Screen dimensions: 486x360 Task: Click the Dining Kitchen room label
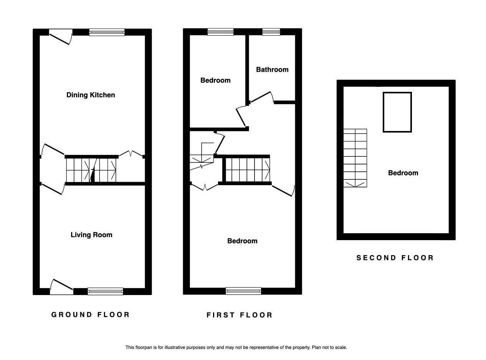(x=91, y=95)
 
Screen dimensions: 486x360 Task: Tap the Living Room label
(x=91, y=235)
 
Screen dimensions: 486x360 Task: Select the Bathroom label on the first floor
(x=272, y=70)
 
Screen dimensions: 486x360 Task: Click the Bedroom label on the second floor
(x=403, y=173)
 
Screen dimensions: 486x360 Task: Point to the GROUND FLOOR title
(x=91, y=315)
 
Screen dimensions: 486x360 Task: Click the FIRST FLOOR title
(x=240, y=315)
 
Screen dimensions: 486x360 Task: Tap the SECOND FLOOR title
(x=395, y=257)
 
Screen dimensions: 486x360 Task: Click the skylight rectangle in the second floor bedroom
(x=397, y=93)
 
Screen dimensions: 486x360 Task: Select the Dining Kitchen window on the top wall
(x=107, y=32)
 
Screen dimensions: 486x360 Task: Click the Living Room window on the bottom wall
(x=106, y=291)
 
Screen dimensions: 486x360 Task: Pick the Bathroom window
(x=271, y=32)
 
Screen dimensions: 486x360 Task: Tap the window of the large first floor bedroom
(x=243, y=291)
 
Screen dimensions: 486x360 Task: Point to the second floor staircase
(x=355, y=158)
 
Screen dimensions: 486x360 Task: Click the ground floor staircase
(x=91, y=170)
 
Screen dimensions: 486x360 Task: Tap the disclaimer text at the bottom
(x=236, y=347)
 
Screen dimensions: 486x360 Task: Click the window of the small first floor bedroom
(x=221, y=32)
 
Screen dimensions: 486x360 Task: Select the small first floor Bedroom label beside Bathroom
(x=215, y=80)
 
